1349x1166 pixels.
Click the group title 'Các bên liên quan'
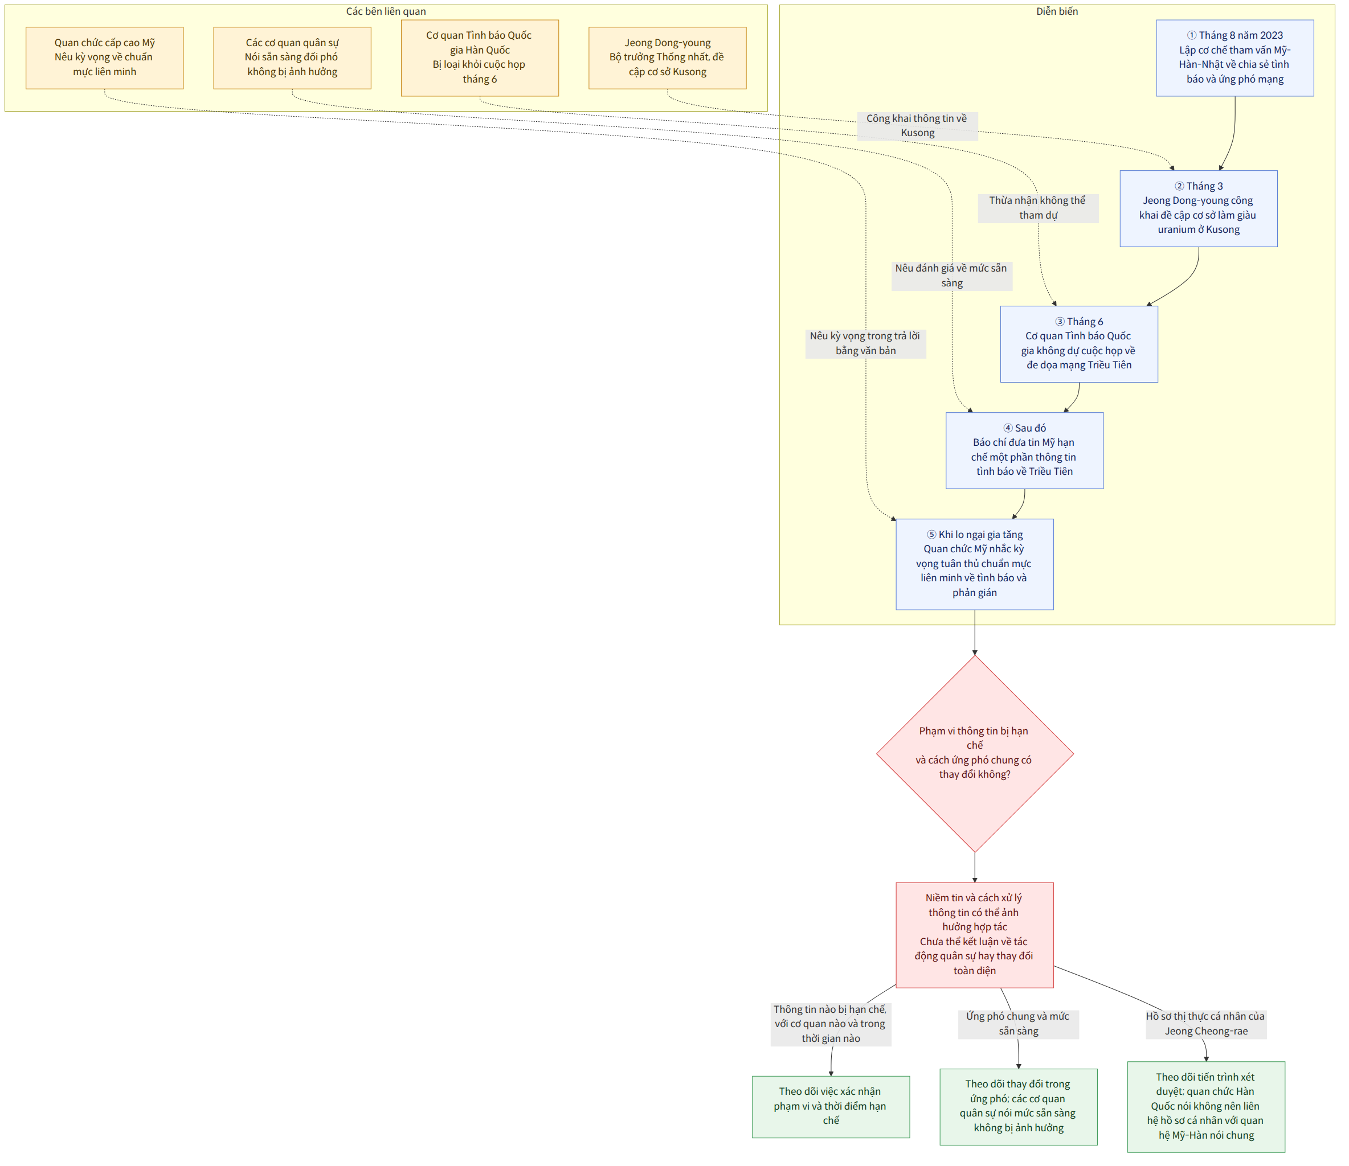coord(386,11)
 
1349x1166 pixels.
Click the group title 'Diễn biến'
coord(1057,11)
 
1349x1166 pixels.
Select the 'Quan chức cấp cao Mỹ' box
coord(105,58)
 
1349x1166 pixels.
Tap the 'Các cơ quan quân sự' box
coord(292,58)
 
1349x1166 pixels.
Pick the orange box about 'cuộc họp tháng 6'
coord(480,58)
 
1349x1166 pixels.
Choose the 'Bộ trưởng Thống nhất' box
coord(667,58)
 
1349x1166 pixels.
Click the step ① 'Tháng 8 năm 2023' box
coord(1235,58)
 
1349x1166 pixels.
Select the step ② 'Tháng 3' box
coord(1199,208)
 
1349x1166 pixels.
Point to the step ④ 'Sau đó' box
coord(1025,450)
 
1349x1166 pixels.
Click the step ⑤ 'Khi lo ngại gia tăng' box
coord(975,564)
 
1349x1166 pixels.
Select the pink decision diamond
coord(975,753)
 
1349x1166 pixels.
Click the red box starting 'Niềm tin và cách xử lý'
coord(975,934)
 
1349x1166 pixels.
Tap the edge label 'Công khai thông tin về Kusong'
coord(917,126)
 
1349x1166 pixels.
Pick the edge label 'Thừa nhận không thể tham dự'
coord(1038,208)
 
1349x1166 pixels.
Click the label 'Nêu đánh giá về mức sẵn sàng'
coord(951,275)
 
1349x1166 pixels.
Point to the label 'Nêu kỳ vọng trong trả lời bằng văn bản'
coord(865,343)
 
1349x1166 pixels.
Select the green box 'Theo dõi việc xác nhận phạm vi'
coord(831,1106)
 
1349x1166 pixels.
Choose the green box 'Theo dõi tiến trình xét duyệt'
coord(1207,1107)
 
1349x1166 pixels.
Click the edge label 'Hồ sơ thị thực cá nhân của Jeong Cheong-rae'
coord(1206,1024)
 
